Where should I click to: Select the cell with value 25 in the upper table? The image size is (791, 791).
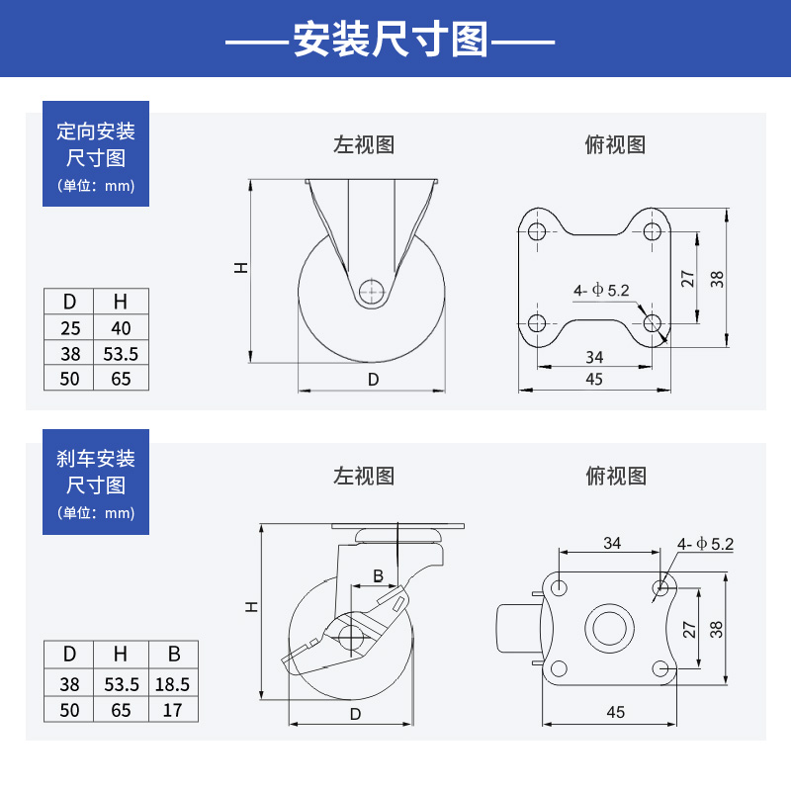(70, 327)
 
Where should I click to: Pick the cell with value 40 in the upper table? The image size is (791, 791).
(121, 327)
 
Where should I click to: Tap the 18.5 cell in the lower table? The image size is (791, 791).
(174, 683)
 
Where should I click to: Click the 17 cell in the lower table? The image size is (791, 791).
(174, 709)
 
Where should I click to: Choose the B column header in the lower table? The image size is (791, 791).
(174, 654)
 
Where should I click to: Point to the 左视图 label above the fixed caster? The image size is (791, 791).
(364, 144)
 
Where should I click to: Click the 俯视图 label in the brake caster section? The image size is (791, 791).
(616, 476)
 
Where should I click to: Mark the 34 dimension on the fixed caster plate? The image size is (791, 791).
(594, 357)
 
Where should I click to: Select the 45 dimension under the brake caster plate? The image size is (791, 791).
(615, 711)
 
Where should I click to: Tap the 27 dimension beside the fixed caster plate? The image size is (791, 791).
(689, 278)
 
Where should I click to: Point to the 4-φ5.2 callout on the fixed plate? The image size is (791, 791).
(601, 291)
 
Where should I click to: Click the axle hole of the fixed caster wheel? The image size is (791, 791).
(372, 292)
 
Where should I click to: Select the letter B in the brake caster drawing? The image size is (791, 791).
(378, 575)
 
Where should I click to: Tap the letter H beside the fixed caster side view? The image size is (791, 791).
(240, 268)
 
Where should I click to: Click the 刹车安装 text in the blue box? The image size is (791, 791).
(96, 459)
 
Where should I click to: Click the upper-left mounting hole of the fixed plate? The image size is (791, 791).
(537, 231)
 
